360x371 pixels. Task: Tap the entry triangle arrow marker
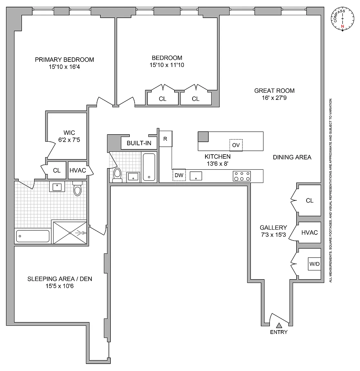[x=279, y=326]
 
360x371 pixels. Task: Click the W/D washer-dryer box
[x=315, y=264]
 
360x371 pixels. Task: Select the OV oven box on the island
[x=236, y=145]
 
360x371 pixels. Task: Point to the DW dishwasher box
[x=179, y=175]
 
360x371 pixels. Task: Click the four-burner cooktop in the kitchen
[x=242, y=176]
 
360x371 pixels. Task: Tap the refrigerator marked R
[x=166, y=139]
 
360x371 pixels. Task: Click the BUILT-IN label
[x=139, y=143]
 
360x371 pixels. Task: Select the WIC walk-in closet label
[x=69, y=133]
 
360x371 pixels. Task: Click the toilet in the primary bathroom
[x=78, y=189]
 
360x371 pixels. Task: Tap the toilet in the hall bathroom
[x=117, y=174]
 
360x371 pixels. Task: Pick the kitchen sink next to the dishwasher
[x=196, y=176]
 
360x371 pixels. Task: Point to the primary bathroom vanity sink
[x=57, y=186]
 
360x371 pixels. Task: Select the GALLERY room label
[x=273, y=228]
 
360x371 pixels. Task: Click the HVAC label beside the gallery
[x=309, y=233]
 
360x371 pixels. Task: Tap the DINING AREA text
[x=292, y=157]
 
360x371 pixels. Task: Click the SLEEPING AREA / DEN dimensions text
[x=60, y=286]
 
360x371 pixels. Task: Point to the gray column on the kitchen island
[x=203, y=137]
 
